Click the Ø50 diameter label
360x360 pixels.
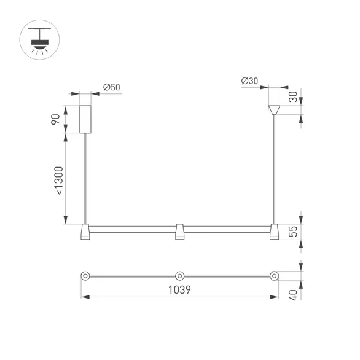click(112, 87)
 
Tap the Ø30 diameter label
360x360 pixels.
click(249, 81)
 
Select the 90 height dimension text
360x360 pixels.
click(55, 119)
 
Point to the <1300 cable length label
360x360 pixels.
click(59, 181)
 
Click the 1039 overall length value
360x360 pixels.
click(179, 290)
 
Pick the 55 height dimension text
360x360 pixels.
click(293, 232)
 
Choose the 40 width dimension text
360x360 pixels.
click(293, 295)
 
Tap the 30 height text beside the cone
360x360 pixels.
click(293, 96)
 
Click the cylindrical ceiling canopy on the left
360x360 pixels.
click(85, 119)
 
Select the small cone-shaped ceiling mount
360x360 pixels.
click(274, 110)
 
